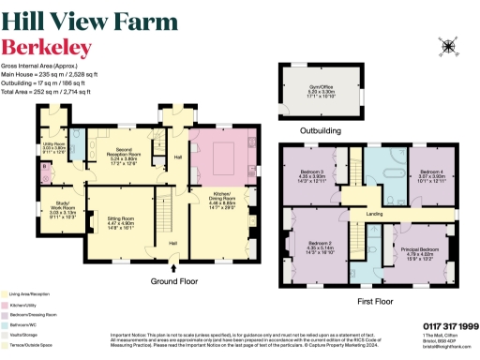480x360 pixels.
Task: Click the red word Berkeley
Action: (x=47, y=47)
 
